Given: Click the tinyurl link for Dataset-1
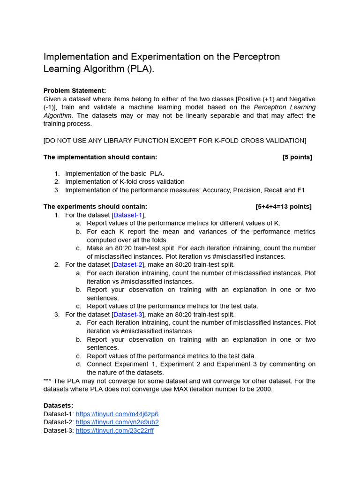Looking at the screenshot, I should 117,414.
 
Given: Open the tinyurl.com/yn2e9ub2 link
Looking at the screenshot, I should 117,422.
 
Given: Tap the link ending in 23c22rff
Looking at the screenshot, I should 114,431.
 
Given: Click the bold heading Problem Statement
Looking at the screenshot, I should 75,90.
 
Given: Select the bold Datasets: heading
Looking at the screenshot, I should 58,405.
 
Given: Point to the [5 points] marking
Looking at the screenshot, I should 297,157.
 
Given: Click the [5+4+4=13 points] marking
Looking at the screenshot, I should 283,207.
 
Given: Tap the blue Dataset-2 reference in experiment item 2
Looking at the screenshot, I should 127,265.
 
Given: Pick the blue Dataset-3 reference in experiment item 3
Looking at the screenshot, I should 127,315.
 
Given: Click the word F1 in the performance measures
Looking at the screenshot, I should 300,190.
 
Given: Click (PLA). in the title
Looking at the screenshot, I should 139,69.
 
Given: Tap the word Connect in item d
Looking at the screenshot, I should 100,364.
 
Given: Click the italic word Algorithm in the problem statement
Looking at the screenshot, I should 58,115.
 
